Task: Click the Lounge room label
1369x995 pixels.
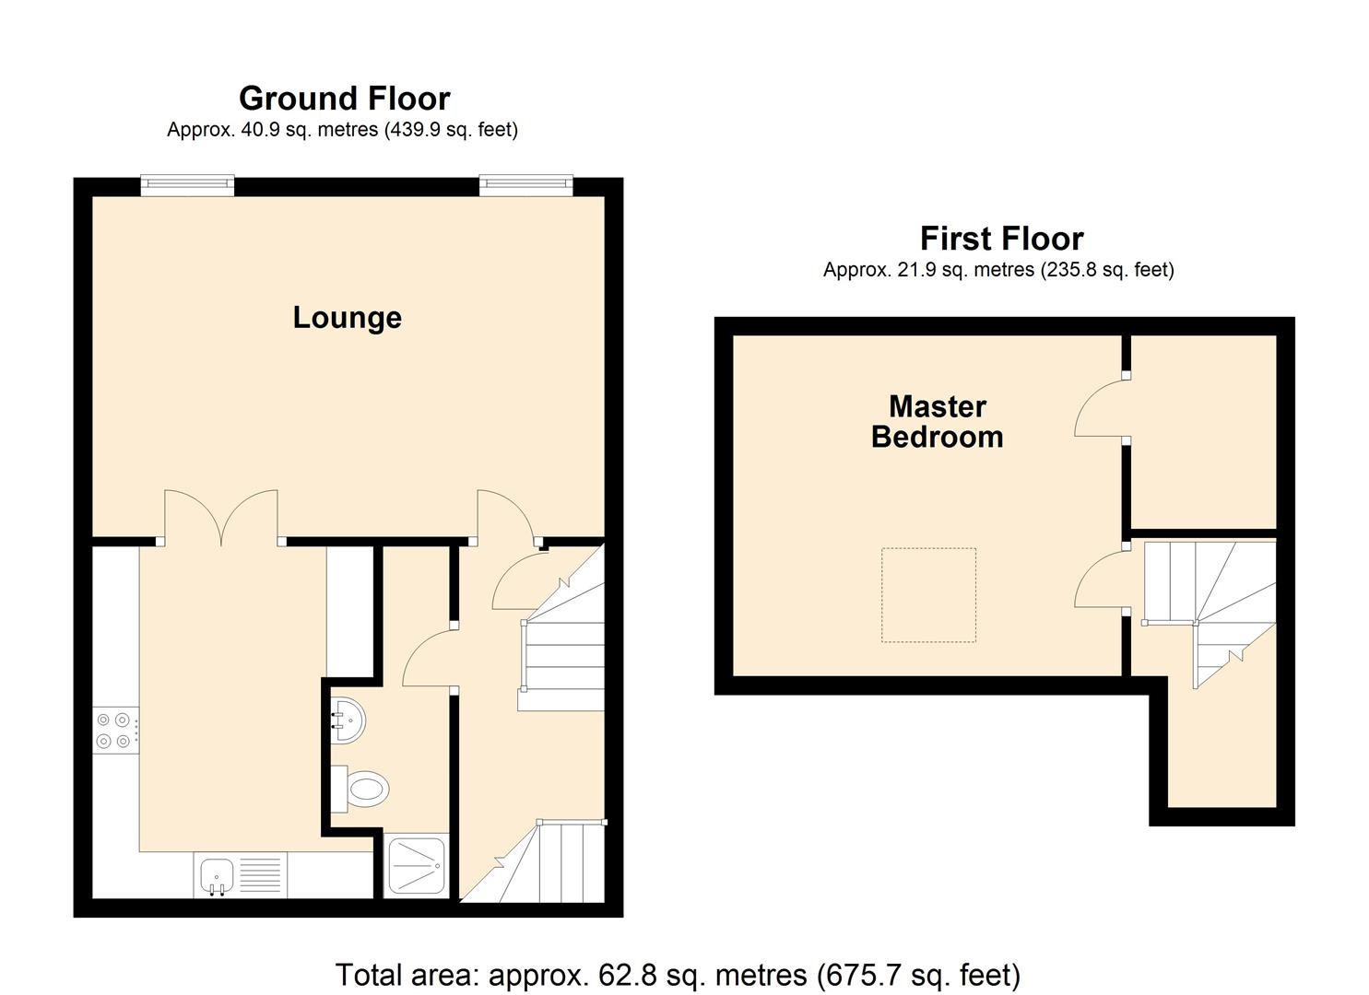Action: click(x=347, y=318)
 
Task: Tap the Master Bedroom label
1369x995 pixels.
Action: click(x=937, y=421)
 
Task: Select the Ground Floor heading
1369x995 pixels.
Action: click(x=344, y=99)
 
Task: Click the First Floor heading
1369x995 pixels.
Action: click(x=1001, y=239)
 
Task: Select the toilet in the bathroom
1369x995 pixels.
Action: click(x=361, y=790)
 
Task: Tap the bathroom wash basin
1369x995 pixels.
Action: click(x=348, y=719)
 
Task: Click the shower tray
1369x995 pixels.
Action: click(x=417, y=865)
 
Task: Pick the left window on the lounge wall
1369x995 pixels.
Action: click(x=187, y=186)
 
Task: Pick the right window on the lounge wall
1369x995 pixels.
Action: click(x=525, y=186)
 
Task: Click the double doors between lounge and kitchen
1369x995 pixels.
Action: click(x=221, y=518)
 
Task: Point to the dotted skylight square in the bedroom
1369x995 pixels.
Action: click(x=928, y=594)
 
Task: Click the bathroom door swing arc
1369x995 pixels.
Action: click(x=426, y=656)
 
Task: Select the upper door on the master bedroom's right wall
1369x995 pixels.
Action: click(x=1101, y=407)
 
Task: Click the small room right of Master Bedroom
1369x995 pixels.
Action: click(x=1203, y=431)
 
